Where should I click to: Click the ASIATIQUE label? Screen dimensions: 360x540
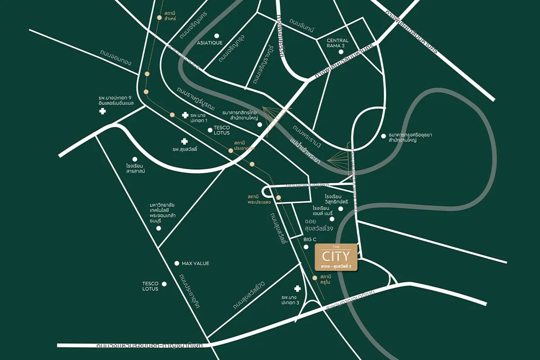click(x=210, y=43)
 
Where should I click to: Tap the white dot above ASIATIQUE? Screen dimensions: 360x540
click(x=216, y=36)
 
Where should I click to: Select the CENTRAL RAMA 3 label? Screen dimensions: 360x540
click(x=337, y=44)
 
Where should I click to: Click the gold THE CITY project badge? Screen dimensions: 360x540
click(x=336, y=257)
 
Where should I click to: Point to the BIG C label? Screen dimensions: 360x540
click(x=310, y=239)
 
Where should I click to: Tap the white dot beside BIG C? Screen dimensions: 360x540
click(x=306, y=247)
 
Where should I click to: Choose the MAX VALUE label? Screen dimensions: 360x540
click(x=195, y=263)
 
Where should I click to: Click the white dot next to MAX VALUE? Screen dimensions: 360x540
click(x=176, y=263)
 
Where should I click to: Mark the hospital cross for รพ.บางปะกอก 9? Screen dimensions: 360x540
click(x=103, y=111)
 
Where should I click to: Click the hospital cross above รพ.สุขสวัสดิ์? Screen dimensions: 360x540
click(x=184, y=141)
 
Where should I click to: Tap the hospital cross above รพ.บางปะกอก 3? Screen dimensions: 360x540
click(x=297, y=288)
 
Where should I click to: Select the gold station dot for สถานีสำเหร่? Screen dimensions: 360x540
click(x=159, y=18)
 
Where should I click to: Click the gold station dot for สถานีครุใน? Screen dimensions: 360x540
click(x=315, y=278)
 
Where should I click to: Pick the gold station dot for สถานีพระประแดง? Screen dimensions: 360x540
click(x=278, y=198)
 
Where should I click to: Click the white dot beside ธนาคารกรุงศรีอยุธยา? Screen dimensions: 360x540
click(x=383, y=135)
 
